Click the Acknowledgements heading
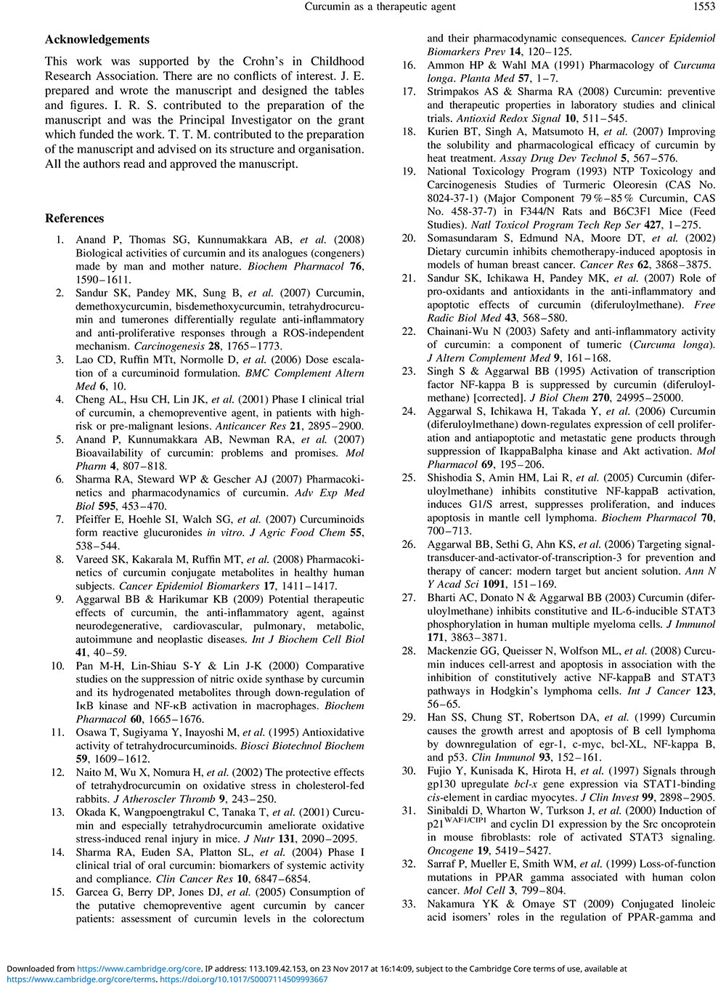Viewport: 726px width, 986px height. point(97,39)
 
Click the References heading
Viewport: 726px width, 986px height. point(74,218)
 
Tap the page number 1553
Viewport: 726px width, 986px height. point(704,7)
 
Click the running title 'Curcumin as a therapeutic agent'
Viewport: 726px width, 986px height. point(380,7)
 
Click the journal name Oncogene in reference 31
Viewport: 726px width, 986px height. point(449,850)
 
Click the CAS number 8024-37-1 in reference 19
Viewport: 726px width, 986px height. point(454,198)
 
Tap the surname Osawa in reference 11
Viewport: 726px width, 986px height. point(91,732)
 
